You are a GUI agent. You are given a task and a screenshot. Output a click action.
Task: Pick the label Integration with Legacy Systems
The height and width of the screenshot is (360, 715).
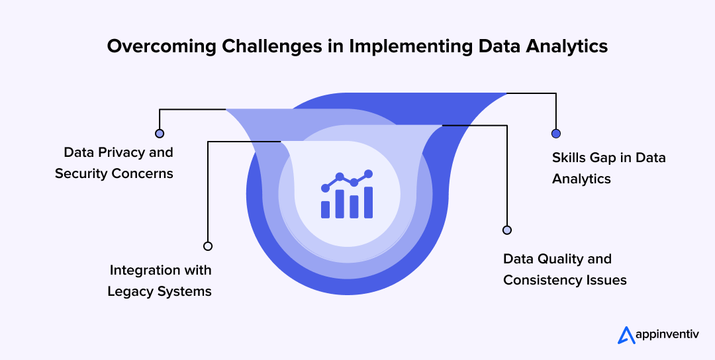click(160, 281)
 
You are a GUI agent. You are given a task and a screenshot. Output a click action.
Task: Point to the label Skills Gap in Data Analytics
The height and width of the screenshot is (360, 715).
click(608, 168)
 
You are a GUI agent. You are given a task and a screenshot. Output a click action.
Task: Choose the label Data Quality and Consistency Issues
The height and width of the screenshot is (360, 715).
click(565, 269)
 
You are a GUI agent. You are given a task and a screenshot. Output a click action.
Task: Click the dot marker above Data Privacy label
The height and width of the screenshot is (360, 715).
click(159, 133)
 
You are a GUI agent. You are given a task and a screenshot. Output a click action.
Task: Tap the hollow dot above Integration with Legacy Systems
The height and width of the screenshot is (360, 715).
click(208, 246)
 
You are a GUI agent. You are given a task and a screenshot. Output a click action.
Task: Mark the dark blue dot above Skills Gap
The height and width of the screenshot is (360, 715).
click(556, 134)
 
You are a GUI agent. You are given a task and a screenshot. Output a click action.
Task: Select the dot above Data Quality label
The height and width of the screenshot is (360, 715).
click(507, 230)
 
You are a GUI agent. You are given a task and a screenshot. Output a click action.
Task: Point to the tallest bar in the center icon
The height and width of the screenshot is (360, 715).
click(369, 202)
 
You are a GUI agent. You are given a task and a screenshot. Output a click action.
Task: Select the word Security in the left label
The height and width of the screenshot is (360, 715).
click(81, 173)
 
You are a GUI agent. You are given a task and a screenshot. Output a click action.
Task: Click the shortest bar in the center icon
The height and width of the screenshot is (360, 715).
click(325, 210)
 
